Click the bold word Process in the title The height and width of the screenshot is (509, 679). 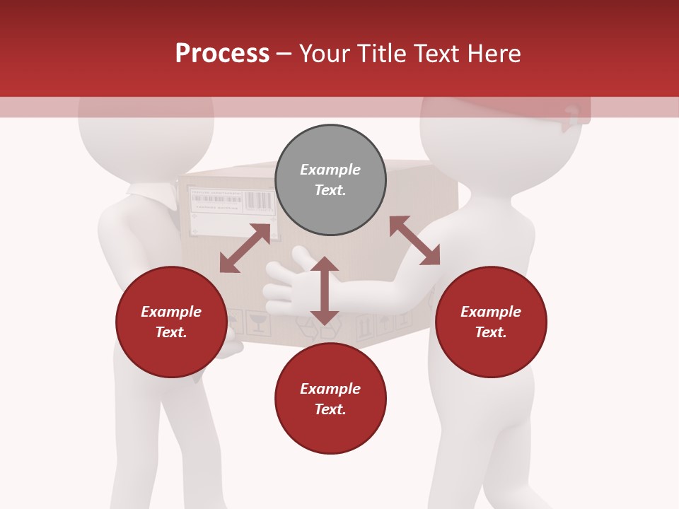click(222, 54)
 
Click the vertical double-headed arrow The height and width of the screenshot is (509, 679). click(325, 291)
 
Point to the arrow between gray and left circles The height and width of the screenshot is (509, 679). click(245, 248)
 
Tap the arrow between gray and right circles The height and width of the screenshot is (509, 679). click(414, 240)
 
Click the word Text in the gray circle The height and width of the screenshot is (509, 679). click(330, 190)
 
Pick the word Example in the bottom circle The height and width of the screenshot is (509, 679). click(330, 388)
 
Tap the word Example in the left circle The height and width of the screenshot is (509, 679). click(171, 311)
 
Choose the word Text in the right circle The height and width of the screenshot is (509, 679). click(491, 332)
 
